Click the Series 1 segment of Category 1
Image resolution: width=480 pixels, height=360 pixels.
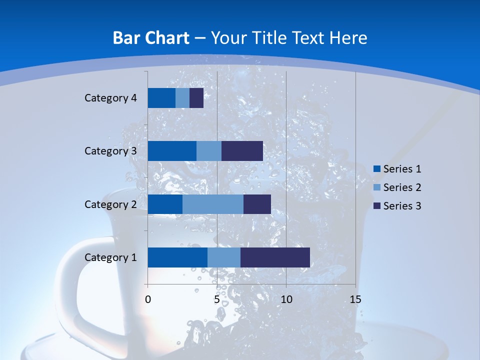[x=177, y=257]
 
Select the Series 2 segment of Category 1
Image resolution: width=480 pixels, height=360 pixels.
[x=224, y=257]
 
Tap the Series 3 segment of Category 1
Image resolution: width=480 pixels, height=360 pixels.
[x=275, y=257]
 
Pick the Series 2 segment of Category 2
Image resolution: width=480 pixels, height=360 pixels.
[x=213, y=204]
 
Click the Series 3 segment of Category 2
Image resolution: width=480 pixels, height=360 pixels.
[x=257, y=204]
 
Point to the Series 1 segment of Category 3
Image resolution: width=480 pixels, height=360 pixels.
[x=172, y=151]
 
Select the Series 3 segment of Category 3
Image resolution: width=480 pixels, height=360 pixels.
[x=242, y=151]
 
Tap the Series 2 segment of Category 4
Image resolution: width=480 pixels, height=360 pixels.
[x=182, y=98]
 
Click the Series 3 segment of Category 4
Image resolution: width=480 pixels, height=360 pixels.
[x=196, y=98]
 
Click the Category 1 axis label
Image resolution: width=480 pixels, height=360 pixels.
[x=110, y=257]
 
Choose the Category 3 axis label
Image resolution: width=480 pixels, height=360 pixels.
[x=110, y=151]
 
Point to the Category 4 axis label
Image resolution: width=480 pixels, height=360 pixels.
[x=110, y=98]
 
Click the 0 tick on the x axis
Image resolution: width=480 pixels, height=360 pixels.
[x=148, y=299]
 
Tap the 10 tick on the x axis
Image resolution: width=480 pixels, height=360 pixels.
[x=286, y=299]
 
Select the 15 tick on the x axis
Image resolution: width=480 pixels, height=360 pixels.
[x=355, y=299]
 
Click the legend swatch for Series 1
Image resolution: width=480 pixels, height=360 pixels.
[x=376, y=169]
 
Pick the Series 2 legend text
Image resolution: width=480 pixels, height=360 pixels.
[x=402, y=187]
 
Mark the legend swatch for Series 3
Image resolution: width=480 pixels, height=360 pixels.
[x=376, y=206]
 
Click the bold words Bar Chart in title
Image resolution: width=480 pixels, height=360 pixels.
[x=151, y=38]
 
